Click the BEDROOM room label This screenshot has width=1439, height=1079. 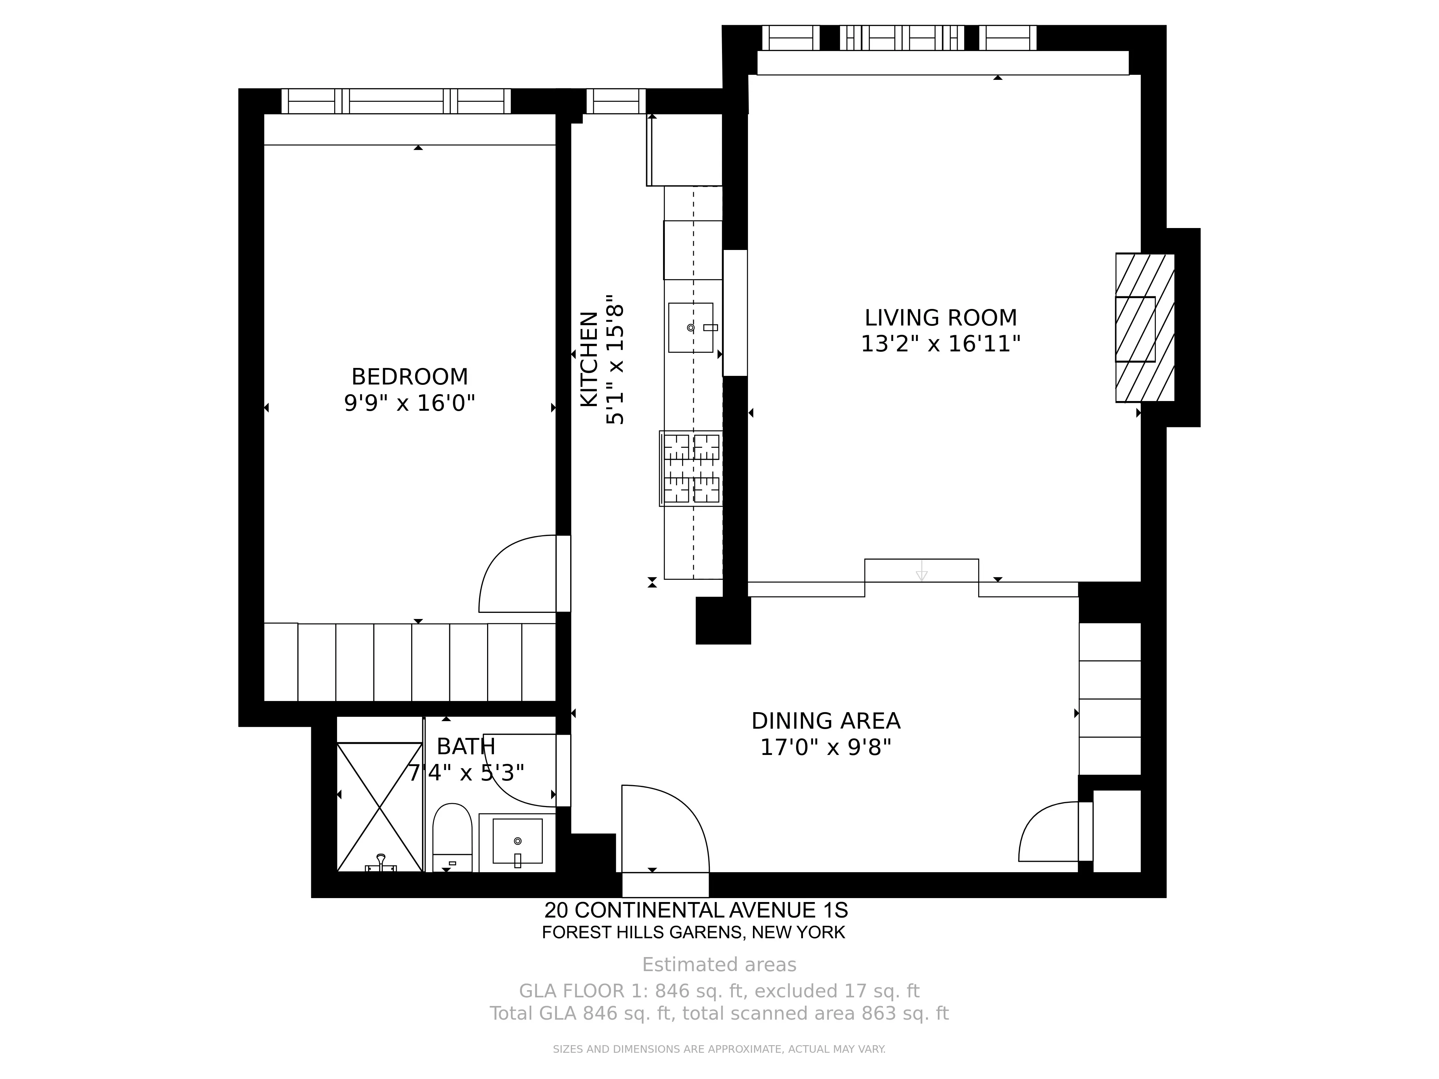409,377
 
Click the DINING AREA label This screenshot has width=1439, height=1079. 826,721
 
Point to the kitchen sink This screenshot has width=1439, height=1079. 690,328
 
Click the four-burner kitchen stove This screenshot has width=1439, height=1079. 691,468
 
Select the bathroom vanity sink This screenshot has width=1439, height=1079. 517,842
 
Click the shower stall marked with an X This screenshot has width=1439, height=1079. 379,806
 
